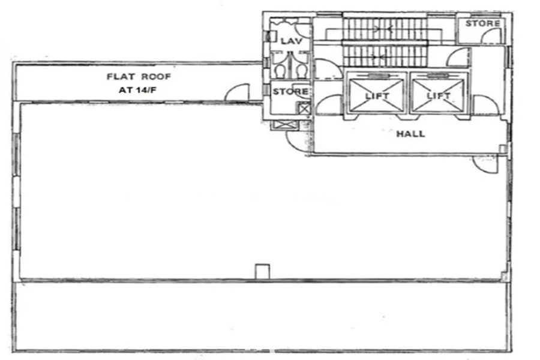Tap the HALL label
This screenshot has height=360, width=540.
coord(410,134)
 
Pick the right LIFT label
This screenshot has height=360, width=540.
coord(439,96)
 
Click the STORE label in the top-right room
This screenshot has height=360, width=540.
coord(482,23)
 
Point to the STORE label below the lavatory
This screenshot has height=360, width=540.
coord(290,92)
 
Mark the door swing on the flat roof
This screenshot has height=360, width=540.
coord(239,94)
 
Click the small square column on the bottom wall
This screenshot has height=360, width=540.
coord(262,271)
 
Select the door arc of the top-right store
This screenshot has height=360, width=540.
coord(492,36)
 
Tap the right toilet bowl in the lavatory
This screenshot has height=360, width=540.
coord(301,70)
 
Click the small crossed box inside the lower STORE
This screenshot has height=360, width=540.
coord(304,109)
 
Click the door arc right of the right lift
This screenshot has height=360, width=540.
coord(485,106)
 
